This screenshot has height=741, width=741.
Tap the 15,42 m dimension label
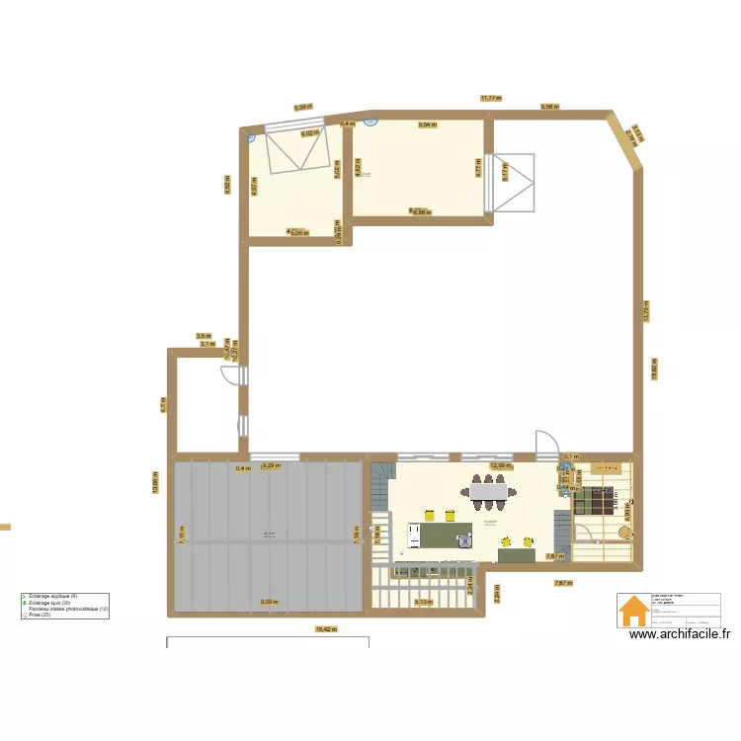tap(323, 628)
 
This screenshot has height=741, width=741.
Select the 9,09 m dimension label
tap(268, 602)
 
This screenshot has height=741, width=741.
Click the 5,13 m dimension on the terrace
tap(423, 602)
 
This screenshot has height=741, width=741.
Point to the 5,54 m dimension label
tap(427, 125)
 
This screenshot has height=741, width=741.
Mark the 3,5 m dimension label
tap(203, 336)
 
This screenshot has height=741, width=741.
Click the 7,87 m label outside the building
tap(562, 583)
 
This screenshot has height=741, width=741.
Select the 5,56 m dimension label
tap(549, 105)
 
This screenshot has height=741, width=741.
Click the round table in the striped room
tap(624, 531)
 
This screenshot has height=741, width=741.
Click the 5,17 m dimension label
tap(505, 172)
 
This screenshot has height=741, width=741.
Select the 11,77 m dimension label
tap(491, 98)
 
